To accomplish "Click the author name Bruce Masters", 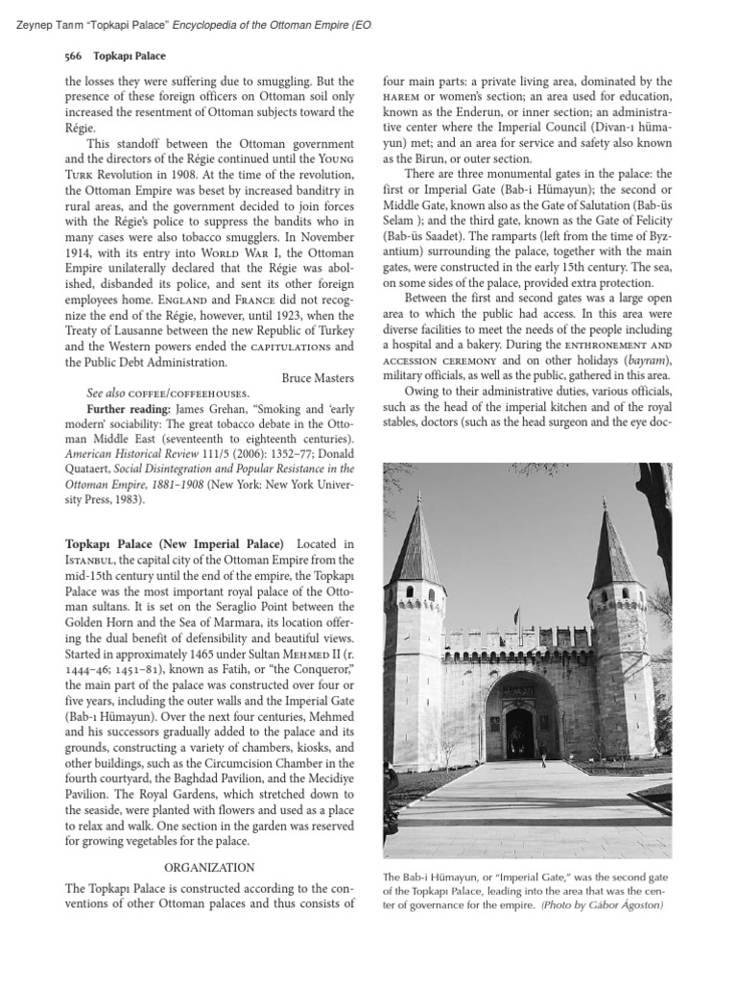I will (318, 378).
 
